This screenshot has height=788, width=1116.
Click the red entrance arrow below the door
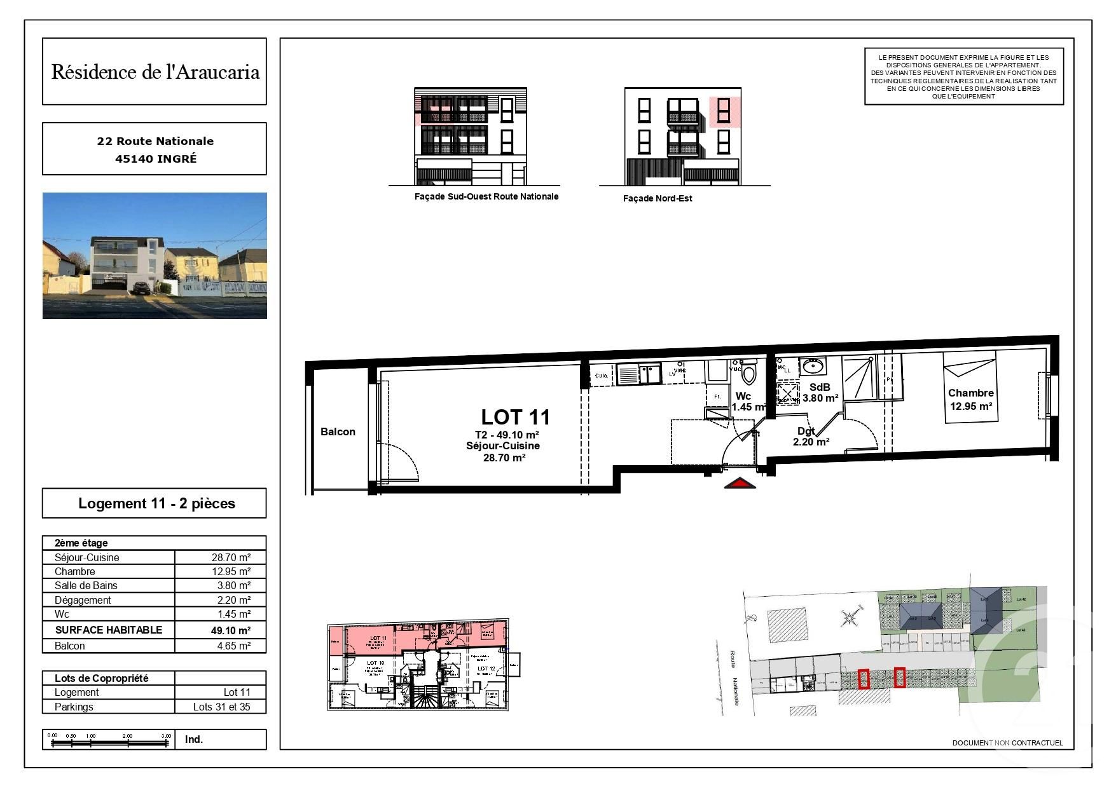(740, 484)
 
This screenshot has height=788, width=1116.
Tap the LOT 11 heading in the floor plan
(515, 417)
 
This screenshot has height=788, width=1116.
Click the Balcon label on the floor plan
(338, 431)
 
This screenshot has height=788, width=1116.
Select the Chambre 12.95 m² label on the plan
(970, 400)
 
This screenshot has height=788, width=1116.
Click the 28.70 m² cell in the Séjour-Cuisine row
(231, 557)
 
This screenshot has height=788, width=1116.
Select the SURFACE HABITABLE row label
(108, 630)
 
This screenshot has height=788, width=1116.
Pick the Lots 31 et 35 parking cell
(221, 707)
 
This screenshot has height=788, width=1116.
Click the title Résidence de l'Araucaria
(155, 72)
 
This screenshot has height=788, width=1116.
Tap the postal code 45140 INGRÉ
(156, 159)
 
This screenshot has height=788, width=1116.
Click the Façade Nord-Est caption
(657, 198)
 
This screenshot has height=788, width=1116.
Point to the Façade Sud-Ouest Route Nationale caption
(486, 196)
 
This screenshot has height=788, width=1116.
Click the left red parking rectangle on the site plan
(863, 679)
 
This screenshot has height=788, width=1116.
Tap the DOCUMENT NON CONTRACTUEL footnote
(1007, 743)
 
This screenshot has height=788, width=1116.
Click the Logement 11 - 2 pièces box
(156, 503)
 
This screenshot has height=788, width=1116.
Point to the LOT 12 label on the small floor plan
(486, 669)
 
